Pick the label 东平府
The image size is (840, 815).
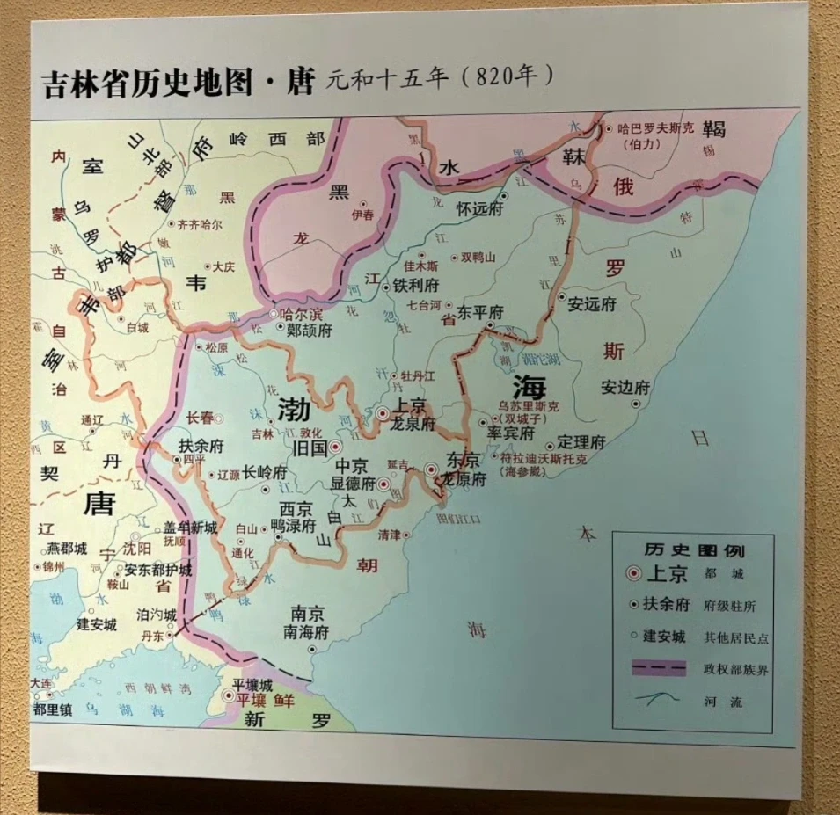pos(480,312)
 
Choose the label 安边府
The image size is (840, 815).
pos(625,388)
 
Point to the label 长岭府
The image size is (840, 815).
pos(265,472)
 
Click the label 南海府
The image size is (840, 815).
pos(305,632)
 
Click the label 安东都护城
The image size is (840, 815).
pos(157,570)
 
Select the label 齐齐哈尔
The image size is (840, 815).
pos(200,224)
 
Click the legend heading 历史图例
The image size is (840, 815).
pos(693,551)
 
